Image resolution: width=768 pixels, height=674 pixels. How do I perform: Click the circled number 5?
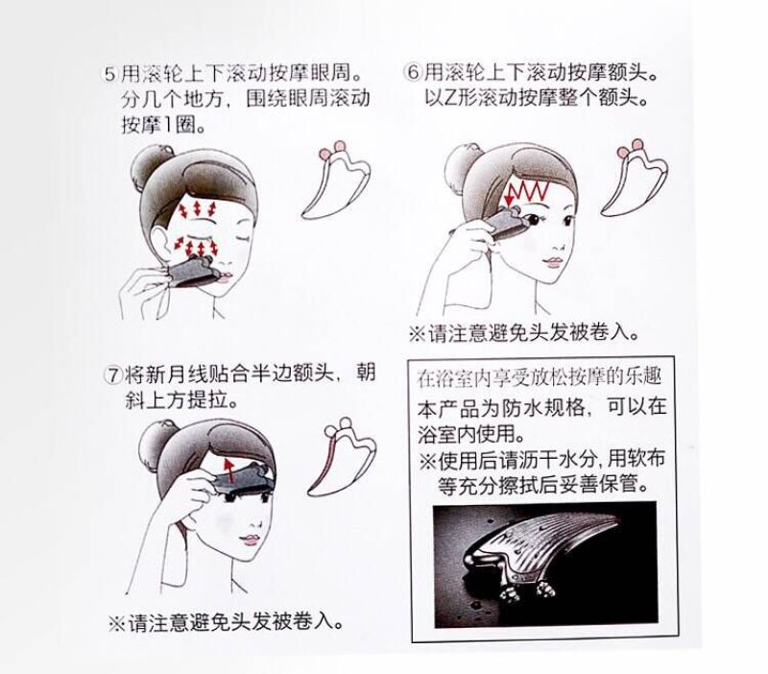pyautogui.click(x=110, y=74)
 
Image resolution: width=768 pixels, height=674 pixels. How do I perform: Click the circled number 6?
pyautogui.click(x=413, y=73)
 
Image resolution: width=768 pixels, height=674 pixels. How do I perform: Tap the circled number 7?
pyautogui.click(x=113, y=375)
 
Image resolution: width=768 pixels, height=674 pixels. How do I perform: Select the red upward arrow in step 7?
pyautogui.click(x=228, y=469)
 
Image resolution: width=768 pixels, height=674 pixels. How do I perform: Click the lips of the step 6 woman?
pyautogui.click(x=552, y=262)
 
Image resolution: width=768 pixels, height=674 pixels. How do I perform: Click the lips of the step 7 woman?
pyautogui.click(x=250, y=540)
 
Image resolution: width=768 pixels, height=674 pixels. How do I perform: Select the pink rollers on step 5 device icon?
pyautogui.click(x=331, y=151)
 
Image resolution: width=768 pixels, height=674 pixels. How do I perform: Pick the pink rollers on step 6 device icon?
pyautogui.click(x=630, y=149)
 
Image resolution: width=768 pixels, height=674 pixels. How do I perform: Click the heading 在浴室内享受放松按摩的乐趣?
pyautogui.click(x=540, y=376)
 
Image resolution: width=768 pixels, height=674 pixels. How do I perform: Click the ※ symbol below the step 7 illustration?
pyautogui.click(x=116, y=623)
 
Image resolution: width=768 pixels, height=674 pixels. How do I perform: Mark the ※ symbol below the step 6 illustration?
pyautogui.click(x=417, y=334)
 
